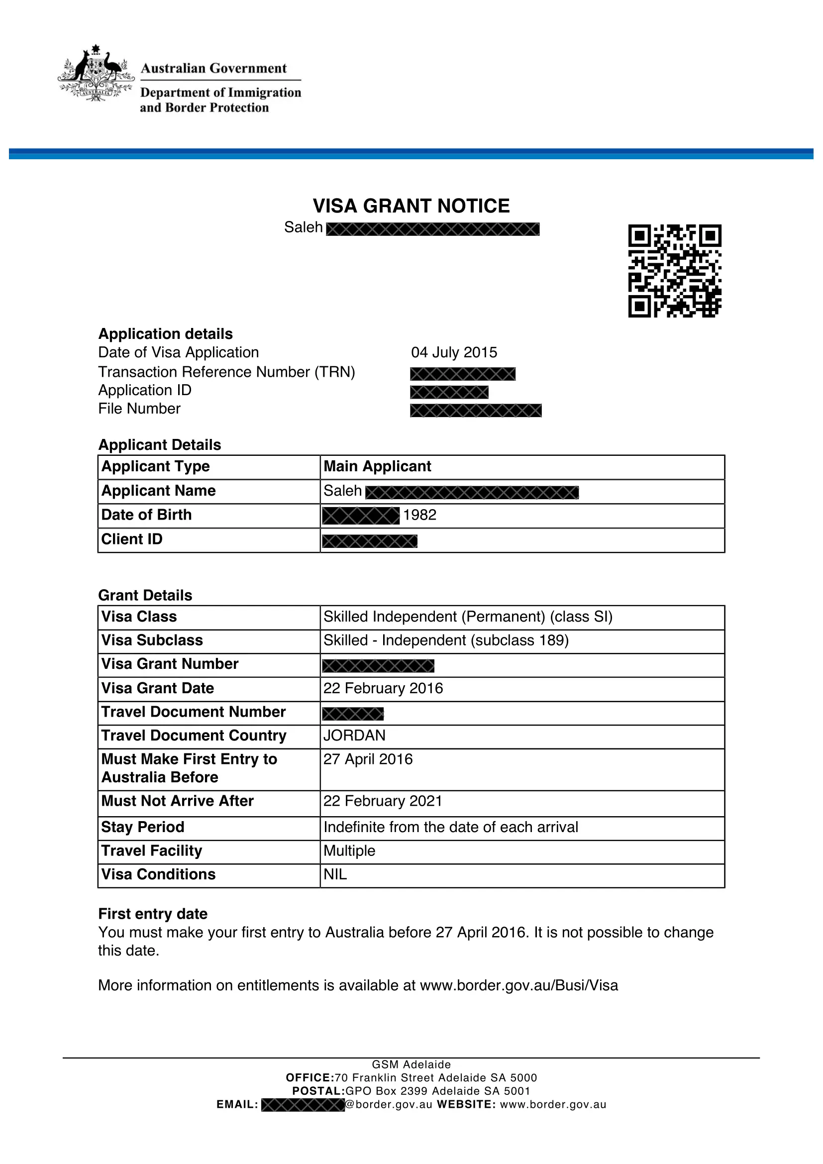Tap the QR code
click(x=675, y=271)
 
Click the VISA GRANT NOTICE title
click(x=411, y=206)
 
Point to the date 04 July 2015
click(x=454, y=352)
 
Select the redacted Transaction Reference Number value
click(x=463, y=374)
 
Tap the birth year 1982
click(x=419, y=515)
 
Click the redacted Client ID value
click(x=369, y=541)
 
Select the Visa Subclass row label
click(x=152, y=640)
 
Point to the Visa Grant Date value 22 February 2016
click(x=383, y=688)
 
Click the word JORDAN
click(x=355, y=736)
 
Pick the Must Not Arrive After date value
click(x=383, y=801)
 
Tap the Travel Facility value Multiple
click(x=350, y=850)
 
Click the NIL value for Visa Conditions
click(x=335, y=874)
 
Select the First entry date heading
click(x=153, y=914)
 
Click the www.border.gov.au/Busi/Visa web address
click(x=519, y=985)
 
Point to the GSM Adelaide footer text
click(x=411, y=1064)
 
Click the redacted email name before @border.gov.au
click(x=303, y=1105)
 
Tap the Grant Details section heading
click(x=145, y=595)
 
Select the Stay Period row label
click(x=143, y=827)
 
